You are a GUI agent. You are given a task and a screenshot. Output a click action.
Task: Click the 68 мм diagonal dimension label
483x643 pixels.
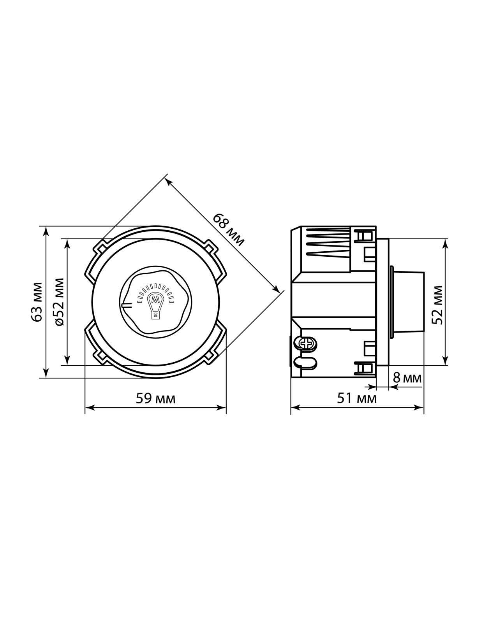228,230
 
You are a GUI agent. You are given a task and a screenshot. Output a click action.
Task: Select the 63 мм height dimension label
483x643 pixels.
37,302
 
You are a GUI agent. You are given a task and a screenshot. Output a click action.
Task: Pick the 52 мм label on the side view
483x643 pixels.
437,305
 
